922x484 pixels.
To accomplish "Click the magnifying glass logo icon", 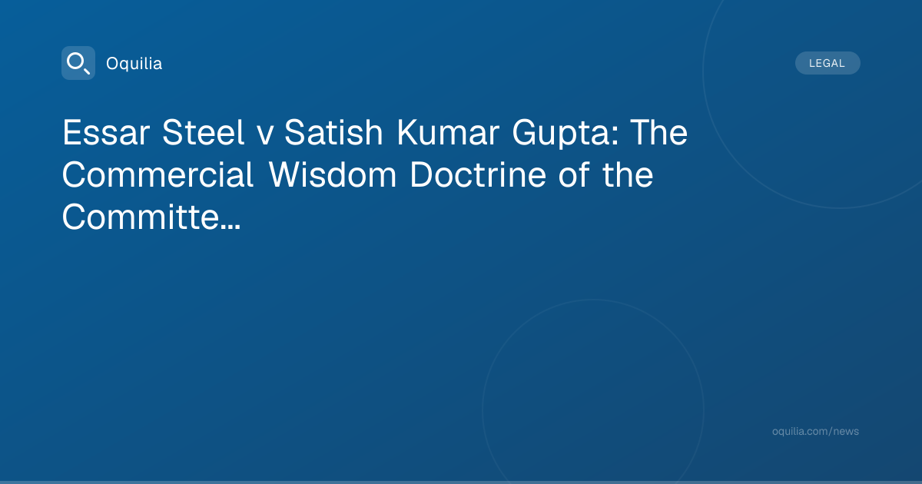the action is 78,63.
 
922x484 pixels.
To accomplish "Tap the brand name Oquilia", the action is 134,63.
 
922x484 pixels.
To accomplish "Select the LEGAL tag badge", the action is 827,63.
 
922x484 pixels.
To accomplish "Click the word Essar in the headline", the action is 106,132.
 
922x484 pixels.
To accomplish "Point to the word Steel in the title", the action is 204,132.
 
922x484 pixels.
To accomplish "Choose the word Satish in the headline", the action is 333,132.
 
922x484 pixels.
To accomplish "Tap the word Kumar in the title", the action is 448,132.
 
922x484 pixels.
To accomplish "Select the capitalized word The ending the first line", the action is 659,132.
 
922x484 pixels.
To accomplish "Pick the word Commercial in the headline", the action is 158,174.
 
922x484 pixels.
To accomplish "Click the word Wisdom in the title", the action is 333,174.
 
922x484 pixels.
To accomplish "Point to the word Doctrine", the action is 478,174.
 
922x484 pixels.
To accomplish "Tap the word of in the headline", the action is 574,174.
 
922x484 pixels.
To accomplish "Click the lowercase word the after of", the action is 628,174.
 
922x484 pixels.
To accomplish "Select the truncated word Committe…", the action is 151,217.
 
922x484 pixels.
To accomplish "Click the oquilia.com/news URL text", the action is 815,431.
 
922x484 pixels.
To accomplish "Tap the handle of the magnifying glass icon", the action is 87,71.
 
